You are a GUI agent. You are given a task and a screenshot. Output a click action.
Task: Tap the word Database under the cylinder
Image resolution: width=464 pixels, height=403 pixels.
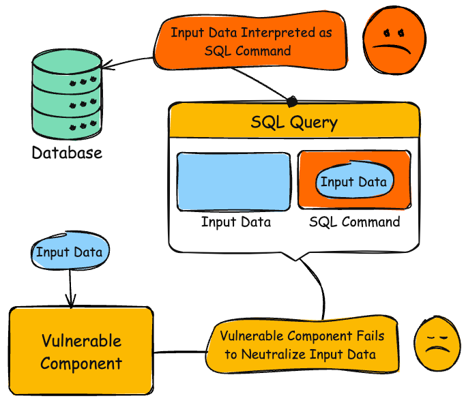pos(67,152)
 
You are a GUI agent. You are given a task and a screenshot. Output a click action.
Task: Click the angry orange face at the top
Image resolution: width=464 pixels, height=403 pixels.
pos(394,43)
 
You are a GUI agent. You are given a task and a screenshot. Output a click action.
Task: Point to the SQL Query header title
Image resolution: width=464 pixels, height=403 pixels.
pos(293,123)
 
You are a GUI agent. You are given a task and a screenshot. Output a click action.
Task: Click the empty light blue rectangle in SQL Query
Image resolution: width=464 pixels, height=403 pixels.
pos(234,181)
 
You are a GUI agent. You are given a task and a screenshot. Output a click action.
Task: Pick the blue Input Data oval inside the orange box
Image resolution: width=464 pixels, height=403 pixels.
pos(353,181)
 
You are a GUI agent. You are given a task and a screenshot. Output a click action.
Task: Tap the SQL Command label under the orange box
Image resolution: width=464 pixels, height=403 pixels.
pos(354,222)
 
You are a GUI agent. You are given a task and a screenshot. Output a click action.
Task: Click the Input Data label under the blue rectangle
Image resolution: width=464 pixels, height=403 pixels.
pos(235,222)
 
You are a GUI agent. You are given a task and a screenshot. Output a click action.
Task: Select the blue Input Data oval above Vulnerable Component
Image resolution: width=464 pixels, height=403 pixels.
pos(70,252)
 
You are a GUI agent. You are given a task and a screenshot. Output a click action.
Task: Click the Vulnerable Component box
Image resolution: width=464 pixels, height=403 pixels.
pos(81,351)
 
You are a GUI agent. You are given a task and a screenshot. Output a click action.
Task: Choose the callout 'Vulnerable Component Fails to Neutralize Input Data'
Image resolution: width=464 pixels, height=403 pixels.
pos(302,345)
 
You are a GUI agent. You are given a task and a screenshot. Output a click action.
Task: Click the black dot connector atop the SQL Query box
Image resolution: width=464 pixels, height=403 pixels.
pos(292,102)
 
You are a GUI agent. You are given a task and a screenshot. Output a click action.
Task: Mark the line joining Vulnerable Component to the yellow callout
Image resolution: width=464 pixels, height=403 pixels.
pos(180,353)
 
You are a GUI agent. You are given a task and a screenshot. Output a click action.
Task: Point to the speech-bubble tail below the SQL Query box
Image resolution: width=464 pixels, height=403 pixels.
pos(298,256)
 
